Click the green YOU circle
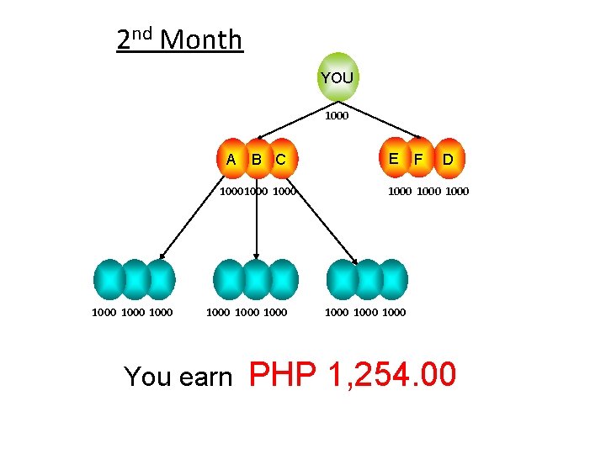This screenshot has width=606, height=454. point(338,77)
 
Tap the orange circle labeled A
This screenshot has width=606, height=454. point(231,159)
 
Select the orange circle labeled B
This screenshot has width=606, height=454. point(257,159)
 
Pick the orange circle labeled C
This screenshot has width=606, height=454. point(282,159)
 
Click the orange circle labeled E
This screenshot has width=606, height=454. point(393,157)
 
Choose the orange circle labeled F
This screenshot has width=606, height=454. point(418,157)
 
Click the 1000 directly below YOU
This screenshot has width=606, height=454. point(337,116)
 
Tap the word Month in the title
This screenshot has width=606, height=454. point(200,40)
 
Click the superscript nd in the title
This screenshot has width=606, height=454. point(141,34)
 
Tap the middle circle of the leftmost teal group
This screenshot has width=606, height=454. point(135,279)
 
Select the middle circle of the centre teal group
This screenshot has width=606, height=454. point(256,279)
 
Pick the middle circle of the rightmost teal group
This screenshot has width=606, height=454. point(368,279)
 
